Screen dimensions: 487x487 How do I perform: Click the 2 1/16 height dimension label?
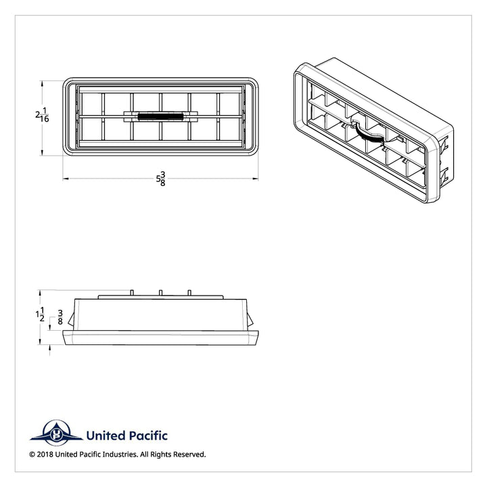pos(42,114)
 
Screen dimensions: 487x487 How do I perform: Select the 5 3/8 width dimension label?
pos(161,179)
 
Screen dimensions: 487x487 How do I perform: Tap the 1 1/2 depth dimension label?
pos(40,315)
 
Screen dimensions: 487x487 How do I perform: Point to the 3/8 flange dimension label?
pos(60,317)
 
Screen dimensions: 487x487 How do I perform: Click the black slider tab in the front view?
pos(160,117)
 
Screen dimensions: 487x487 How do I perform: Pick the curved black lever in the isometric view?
pos(369,134)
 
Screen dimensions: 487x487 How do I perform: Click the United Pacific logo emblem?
pos(57,433)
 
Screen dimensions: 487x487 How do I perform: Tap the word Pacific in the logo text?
pos(147,436)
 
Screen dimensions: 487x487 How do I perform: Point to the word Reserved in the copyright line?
pos(189,455)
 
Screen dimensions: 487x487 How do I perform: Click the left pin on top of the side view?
pos(131,293)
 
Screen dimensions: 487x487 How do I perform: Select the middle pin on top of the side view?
pos(160,293)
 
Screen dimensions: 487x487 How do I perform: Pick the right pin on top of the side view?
pos(189,293)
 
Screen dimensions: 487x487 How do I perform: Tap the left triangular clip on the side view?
pos(72,320)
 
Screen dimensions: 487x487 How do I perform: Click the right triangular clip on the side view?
pos(250,320)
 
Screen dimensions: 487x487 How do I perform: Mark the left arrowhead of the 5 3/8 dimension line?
pos(66,179)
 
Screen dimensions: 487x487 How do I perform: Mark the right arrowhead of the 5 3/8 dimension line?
pos(256,179)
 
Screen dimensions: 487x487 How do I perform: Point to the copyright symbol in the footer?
pos(32,455)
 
